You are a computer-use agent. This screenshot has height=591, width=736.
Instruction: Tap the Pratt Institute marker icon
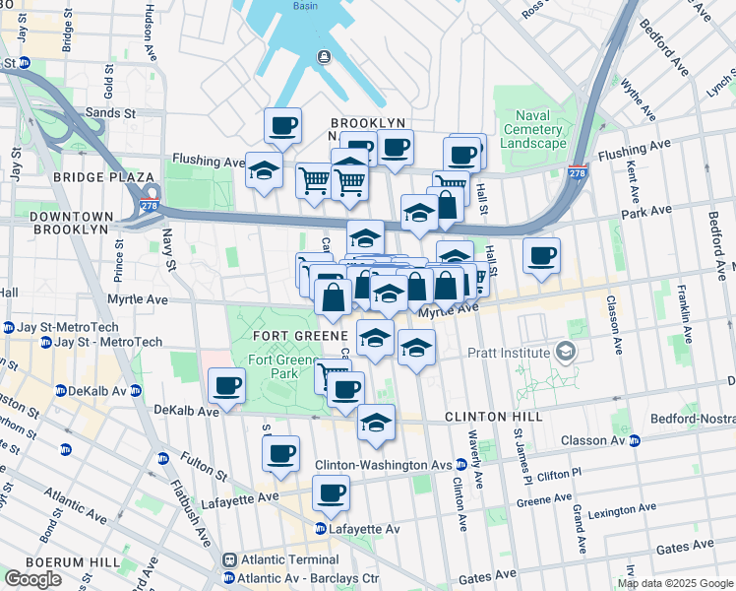[565, 352]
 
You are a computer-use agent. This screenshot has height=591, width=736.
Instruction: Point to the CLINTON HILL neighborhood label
[493, 418]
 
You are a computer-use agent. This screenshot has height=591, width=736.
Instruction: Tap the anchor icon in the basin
[323, 57]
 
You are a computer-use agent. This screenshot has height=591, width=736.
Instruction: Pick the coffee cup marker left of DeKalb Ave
[227, 385]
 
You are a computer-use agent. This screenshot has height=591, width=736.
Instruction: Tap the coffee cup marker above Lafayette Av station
[332, 492]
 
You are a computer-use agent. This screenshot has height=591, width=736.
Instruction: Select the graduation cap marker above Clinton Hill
[376, 422]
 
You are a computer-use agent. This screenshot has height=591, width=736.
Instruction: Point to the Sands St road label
[109, 113]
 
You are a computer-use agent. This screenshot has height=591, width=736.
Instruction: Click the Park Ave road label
[645, 210]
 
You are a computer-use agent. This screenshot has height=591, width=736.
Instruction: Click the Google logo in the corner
[32, 579]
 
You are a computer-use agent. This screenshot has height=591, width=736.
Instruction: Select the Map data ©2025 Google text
[673, 583]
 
